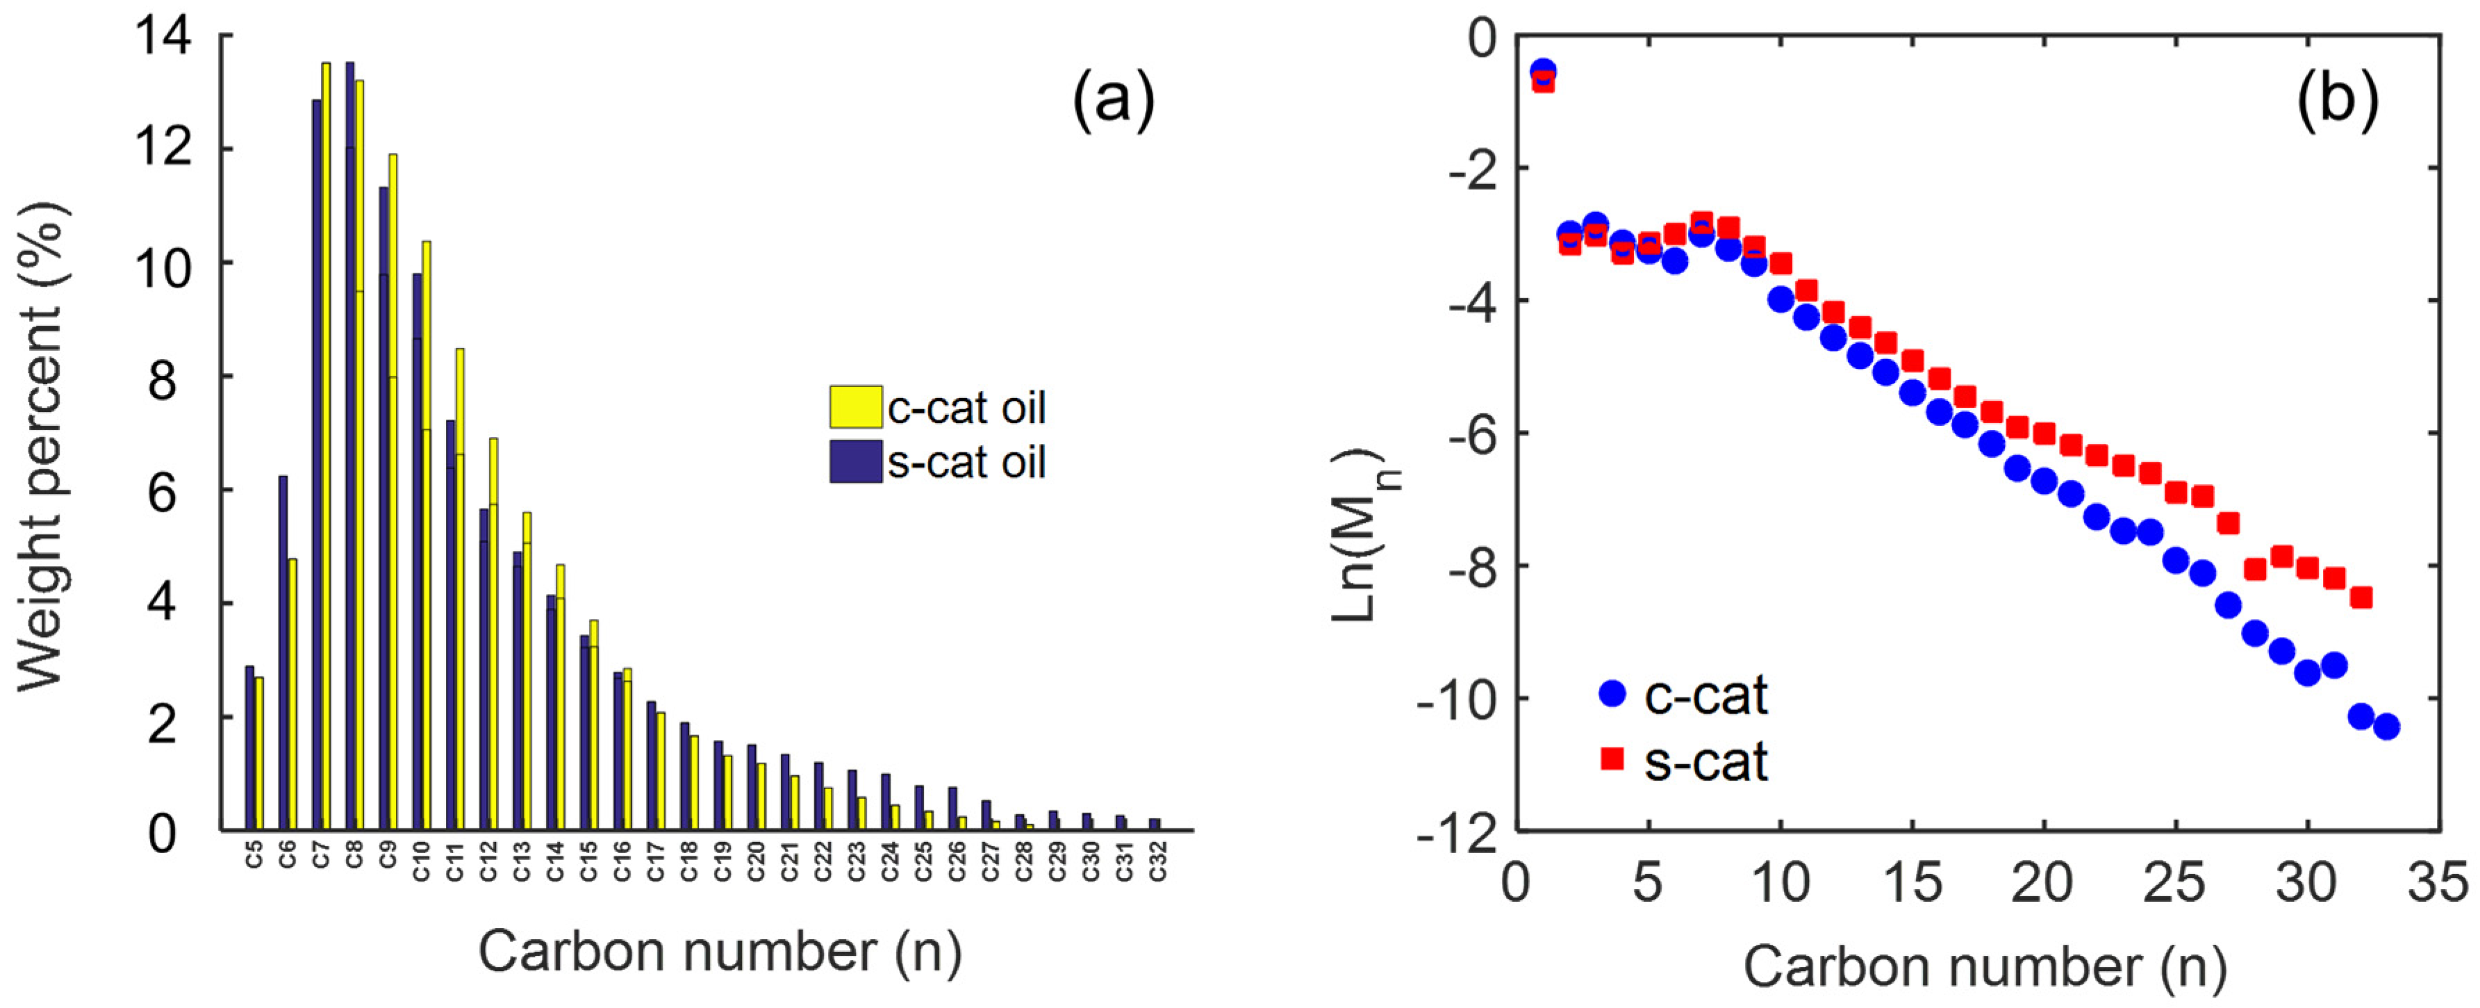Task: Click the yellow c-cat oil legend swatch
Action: [x=855, y=406]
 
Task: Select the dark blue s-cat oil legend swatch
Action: [x=855, y=461]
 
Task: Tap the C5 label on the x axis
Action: [x=253, y=854]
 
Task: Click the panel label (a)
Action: [x=1113, y=99]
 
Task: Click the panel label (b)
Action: [x=2338, y=99]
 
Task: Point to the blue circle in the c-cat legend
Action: [x=1612, y=693]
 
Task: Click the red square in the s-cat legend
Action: [x=1612, y=759]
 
